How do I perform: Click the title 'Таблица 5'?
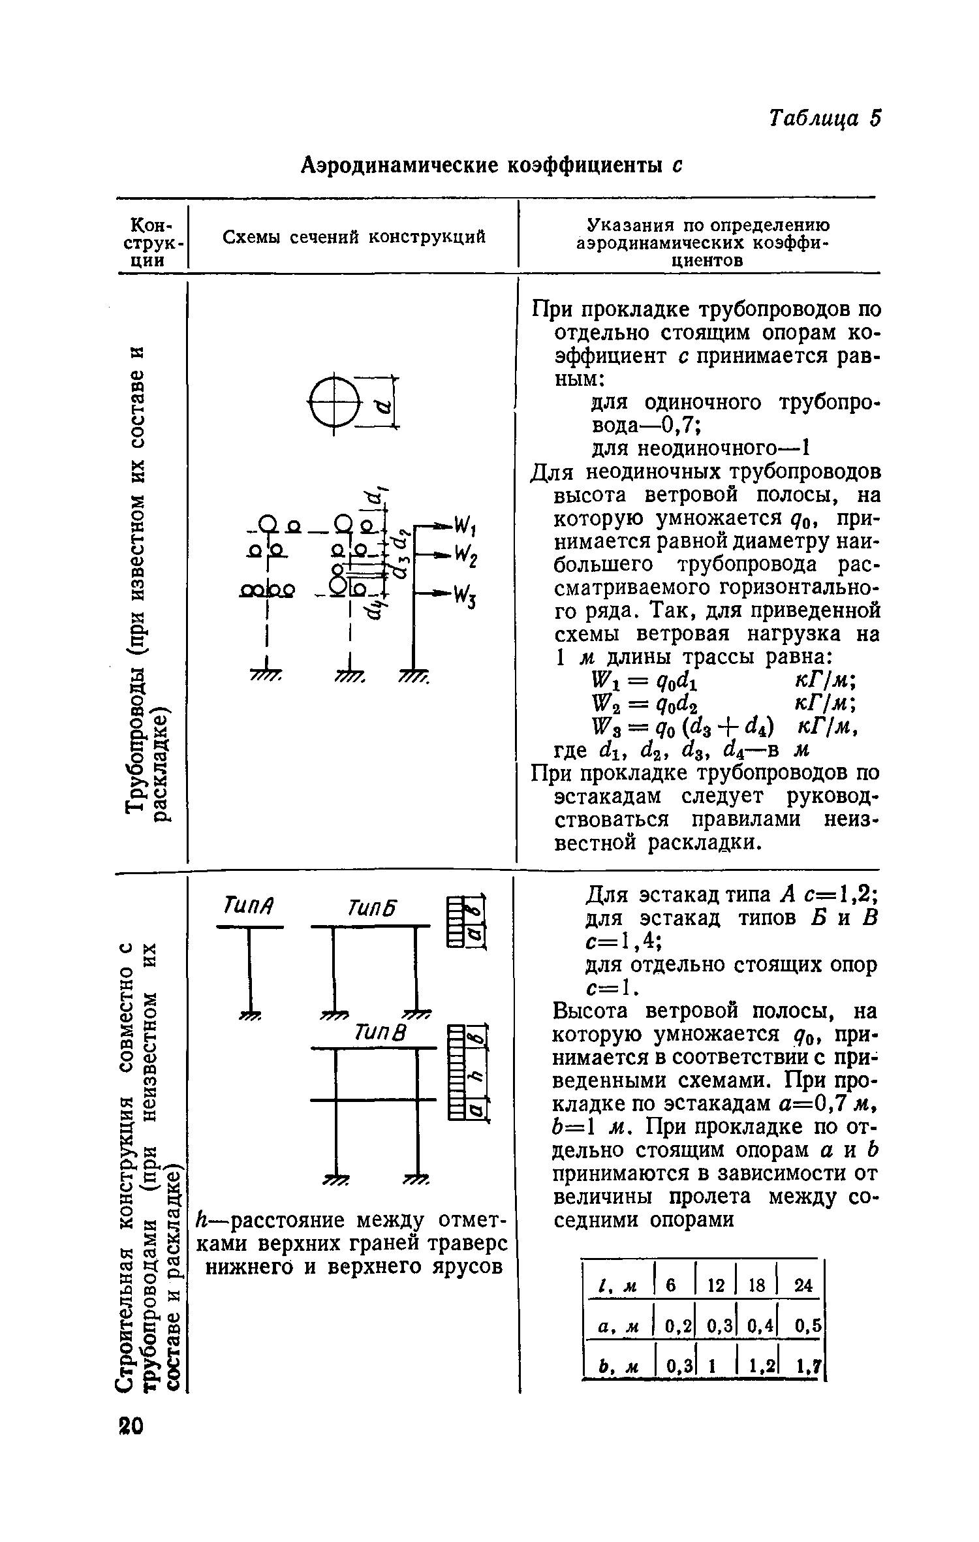(824, 119)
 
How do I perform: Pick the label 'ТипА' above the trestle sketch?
(247, 907)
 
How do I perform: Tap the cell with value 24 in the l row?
(803, 1285)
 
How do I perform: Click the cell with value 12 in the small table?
(717, 1285)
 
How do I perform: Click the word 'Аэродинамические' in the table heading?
(399, 166)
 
